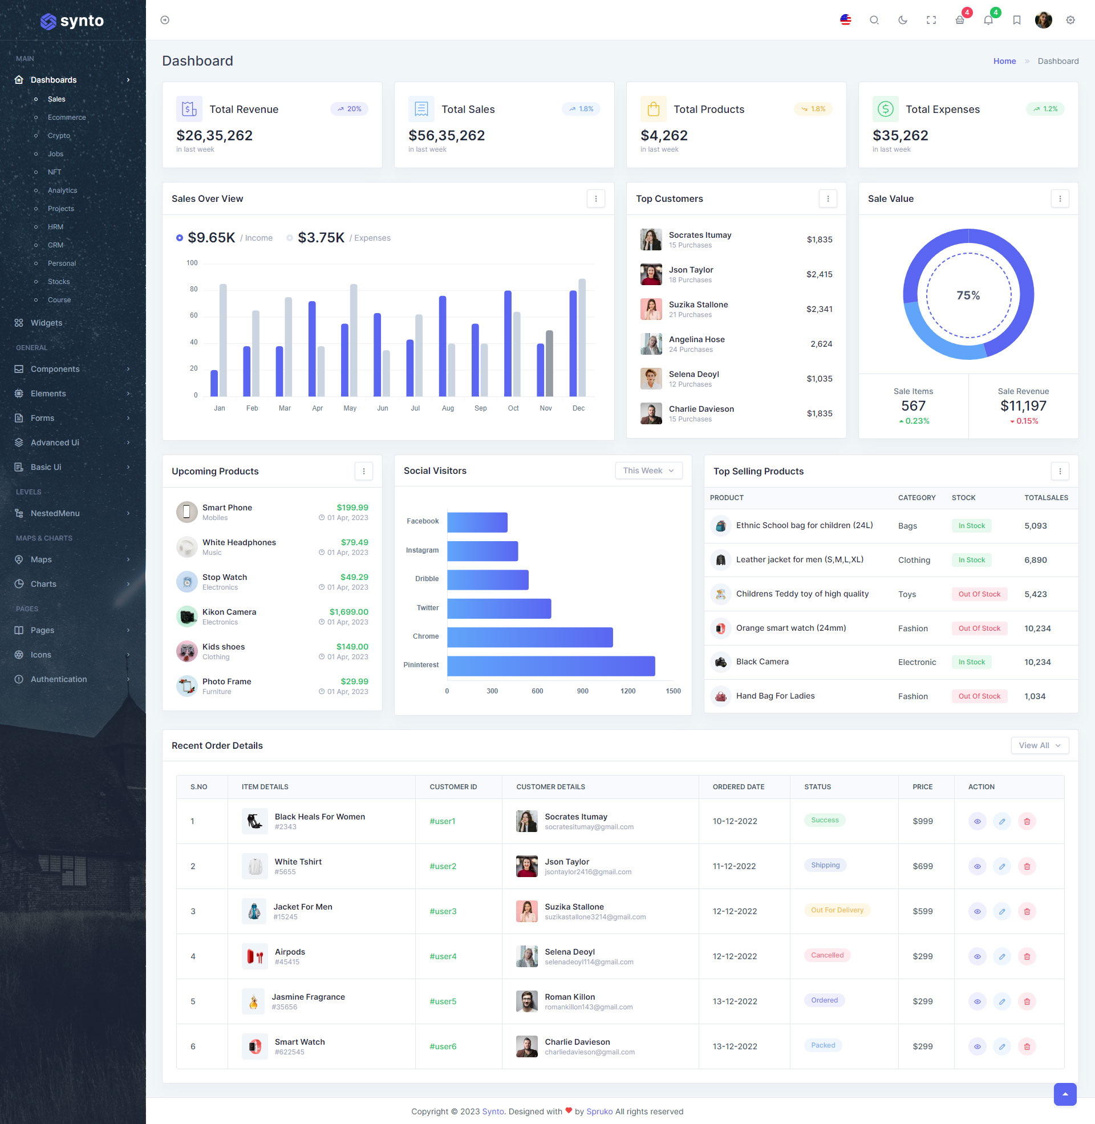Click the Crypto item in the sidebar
(59, 136)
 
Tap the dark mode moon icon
(902, 20)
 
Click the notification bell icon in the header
(988, 20)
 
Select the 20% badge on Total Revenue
(349, 109)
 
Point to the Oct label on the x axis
(513, 408)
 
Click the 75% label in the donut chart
(968, 295)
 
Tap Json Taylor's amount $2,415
(819, 274)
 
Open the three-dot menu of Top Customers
(828, 199)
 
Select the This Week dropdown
(648, 470)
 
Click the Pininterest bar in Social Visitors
(550, 666)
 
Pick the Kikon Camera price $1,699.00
(348, 612)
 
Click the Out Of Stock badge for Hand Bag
(979, 696)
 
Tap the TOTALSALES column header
(1045, 498)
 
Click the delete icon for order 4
(1027, 956)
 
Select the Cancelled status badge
(827, 955)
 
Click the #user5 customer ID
(442, 1001)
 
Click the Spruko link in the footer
(599, 1111)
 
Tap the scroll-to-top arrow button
(1065, 1094)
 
